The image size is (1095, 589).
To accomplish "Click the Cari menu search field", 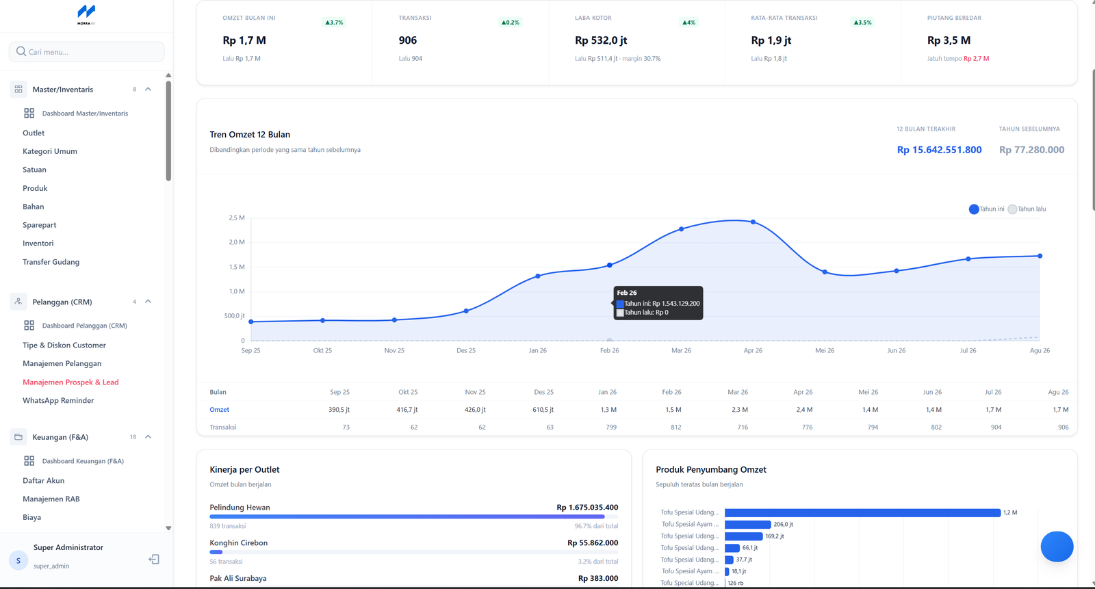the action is click(x=86, y=52).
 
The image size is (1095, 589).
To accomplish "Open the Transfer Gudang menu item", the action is click(x=51, y=262).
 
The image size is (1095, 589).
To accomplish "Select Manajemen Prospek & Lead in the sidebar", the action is click(x=70, y=382).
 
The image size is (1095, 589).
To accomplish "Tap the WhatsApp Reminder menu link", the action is click(x=58, y=400).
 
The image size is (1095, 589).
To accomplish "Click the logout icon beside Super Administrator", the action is click(x=154, y=559).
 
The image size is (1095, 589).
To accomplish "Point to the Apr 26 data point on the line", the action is click(x=753, y=222).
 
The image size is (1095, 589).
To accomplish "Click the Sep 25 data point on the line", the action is click(x=250, y=322).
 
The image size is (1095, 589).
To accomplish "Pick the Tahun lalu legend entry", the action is click(x=1027, y=209).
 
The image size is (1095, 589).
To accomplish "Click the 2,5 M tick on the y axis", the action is click(x=237, y=218).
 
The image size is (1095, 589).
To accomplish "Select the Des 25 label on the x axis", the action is click(x=466, y=350).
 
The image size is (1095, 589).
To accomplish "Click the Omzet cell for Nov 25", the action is click(x=475, y=410).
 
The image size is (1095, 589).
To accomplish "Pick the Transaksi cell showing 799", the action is click(x=611, y=427).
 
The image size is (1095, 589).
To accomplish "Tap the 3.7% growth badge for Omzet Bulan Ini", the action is click(x=335, y=23).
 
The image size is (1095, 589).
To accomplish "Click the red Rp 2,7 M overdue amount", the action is click(x=976, y=59).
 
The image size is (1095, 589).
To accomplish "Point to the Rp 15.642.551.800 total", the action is click(x=939, y=150).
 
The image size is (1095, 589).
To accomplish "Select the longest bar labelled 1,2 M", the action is click(x=862, y=513).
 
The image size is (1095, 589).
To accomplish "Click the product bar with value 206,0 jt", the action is click(x=747, y=525).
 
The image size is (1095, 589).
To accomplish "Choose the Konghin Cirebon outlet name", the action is click(x=239, y=543).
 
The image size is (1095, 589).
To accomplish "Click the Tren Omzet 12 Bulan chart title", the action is click(x=250, y=134).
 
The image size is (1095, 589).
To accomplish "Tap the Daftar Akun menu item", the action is click(x=44, y=480).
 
